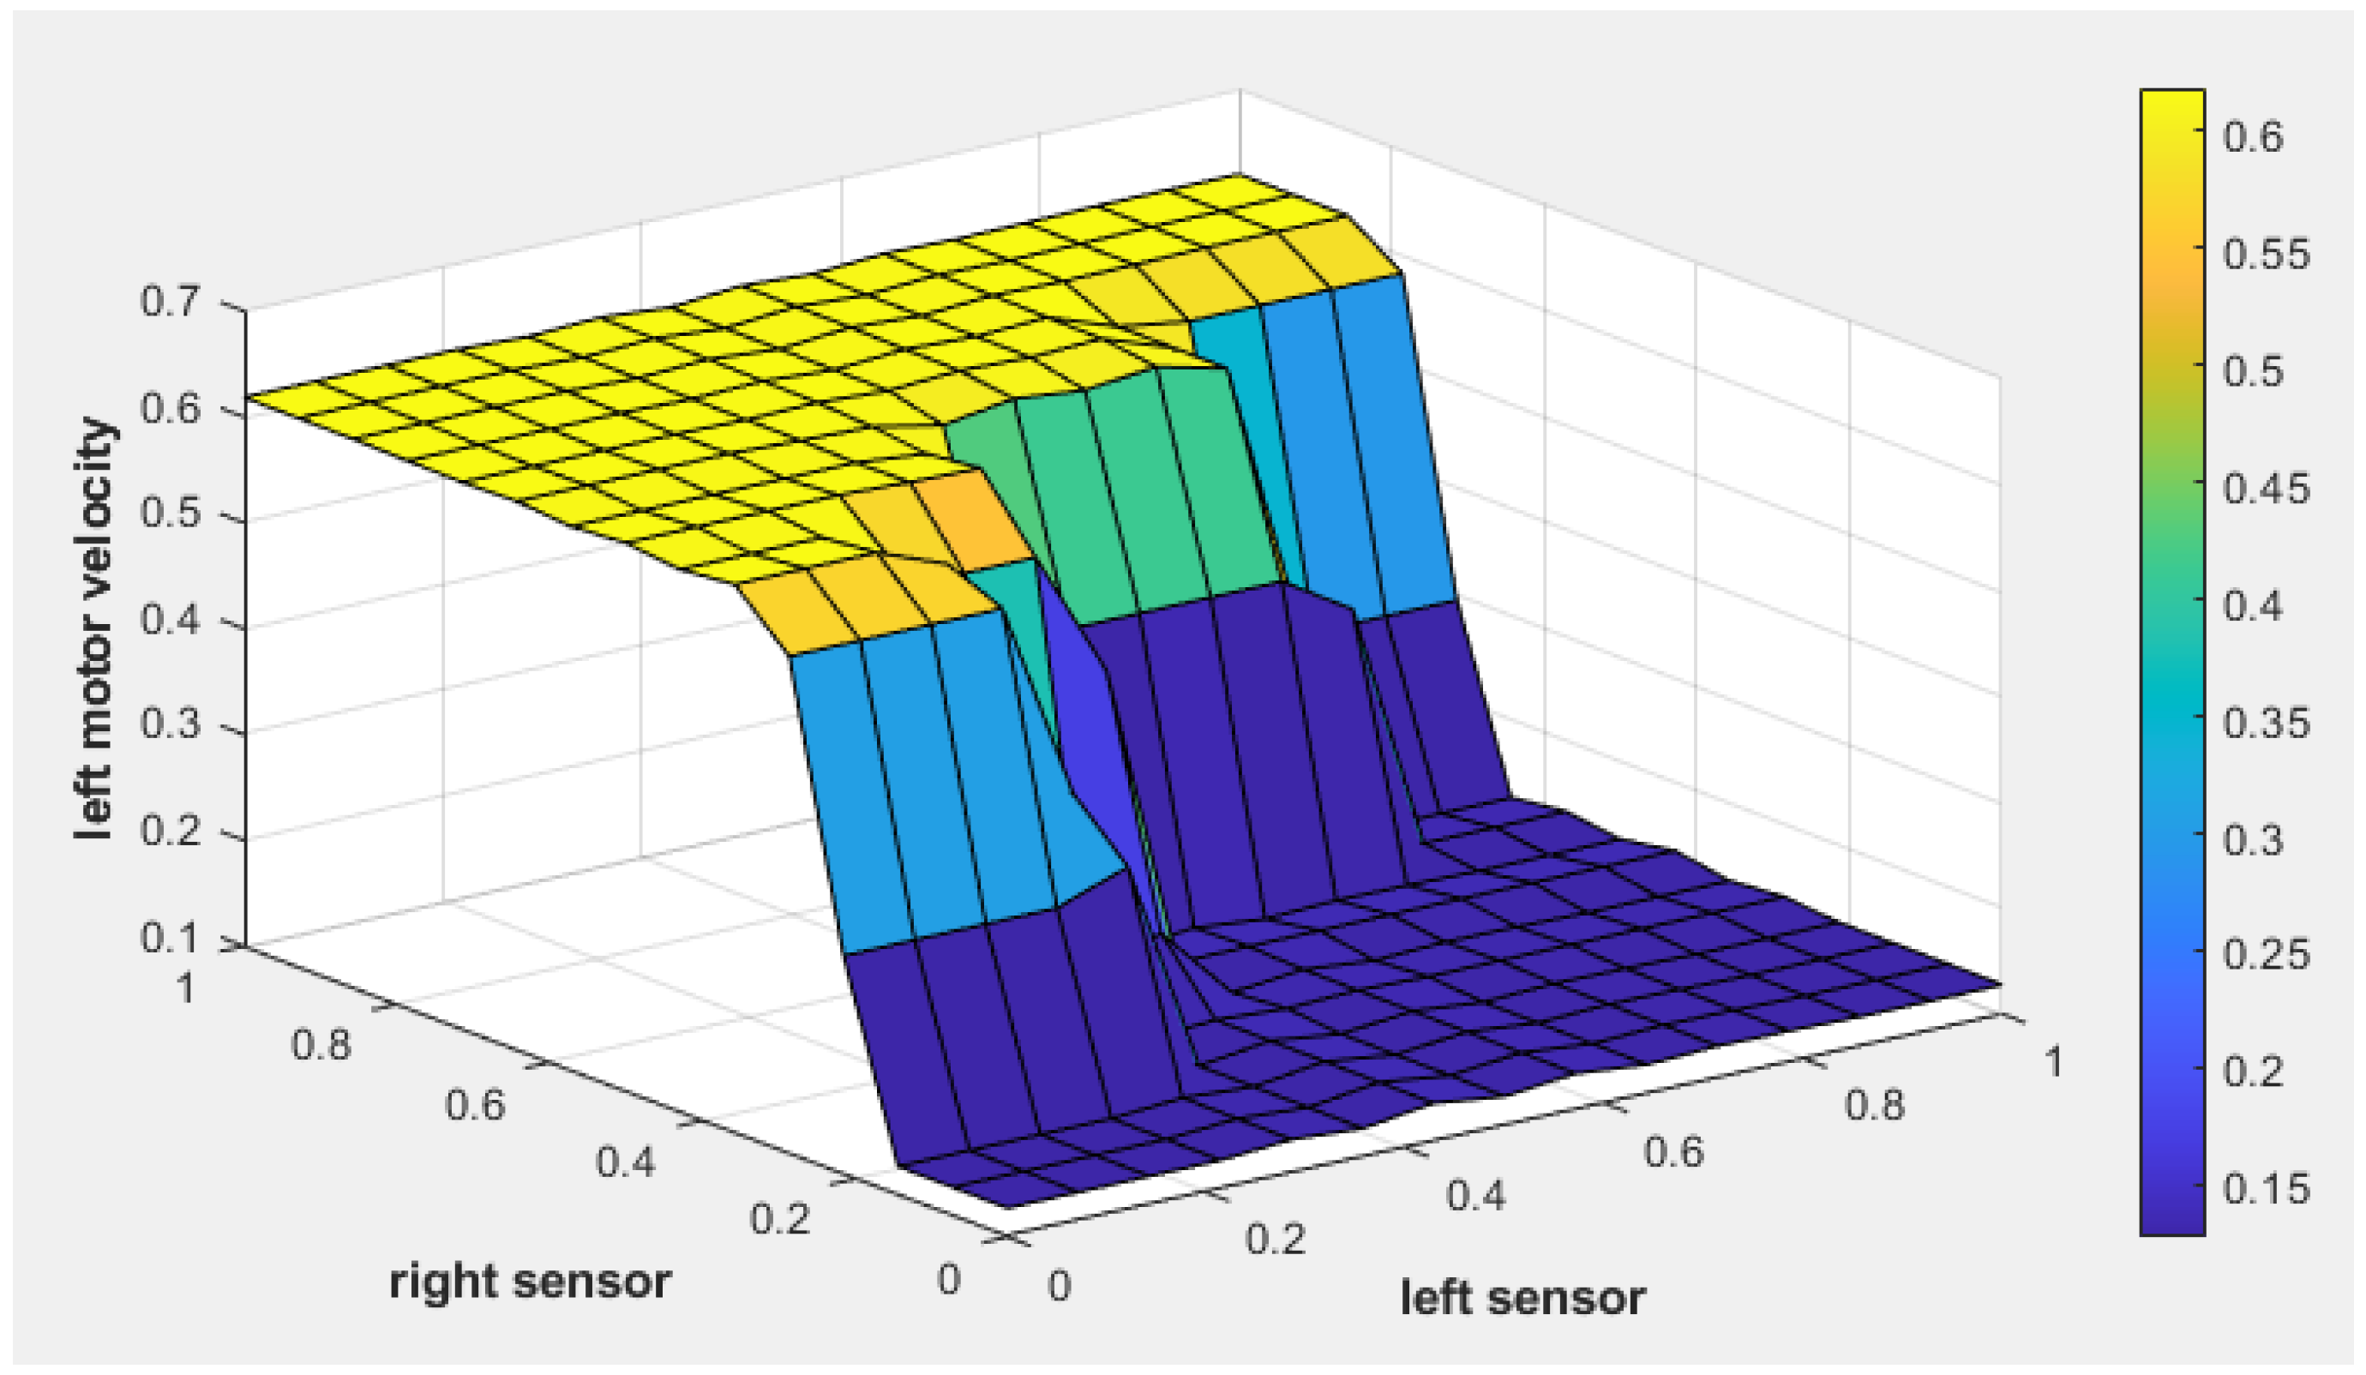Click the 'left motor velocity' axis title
tap(96, 629)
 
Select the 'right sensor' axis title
tap(531, 1282)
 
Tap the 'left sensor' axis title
tap(1522, 1298)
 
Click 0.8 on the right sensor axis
tap(322, 1044)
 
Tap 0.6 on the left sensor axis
tap(1673, 1150)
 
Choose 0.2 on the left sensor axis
tap(1275, 1239)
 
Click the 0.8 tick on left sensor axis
tap(1874, 1106)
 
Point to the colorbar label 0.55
tap(2266, 255)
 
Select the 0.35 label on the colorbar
tap(2266, 723)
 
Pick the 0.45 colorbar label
tap(2266, 489)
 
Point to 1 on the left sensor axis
tap(2052, 1062)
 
